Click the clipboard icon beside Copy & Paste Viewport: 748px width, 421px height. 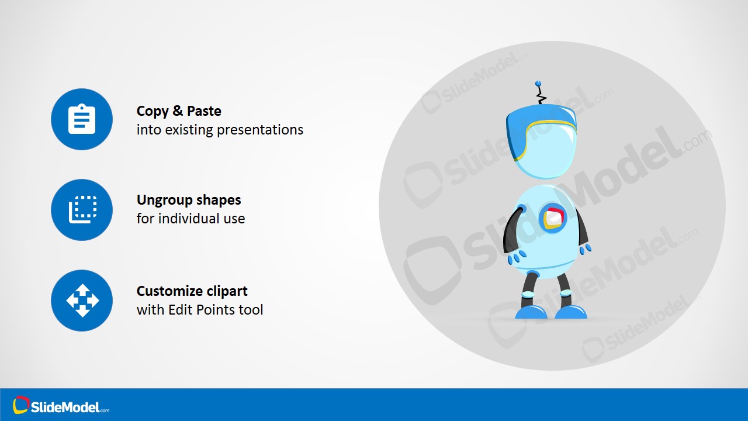pos(82,119)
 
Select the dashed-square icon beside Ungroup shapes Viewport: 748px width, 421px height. pos(82,210)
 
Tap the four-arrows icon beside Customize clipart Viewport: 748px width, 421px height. pos(82,301)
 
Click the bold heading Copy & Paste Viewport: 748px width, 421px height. pos(179,111)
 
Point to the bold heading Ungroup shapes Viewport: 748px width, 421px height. pos(189,200)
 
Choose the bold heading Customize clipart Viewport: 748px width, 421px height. pos(192,291)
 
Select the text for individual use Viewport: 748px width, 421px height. pos(191,219)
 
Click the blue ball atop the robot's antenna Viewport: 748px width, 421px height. pos(538,84)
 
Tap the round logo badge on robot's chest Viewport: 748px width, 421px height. pos(552,218)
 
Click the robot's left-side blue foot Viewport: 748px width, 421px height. pos(531,312)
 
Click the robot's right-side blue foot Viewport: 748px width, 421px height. pos(570,312)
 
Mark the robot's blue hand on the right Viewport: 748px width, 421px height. pos(585,249)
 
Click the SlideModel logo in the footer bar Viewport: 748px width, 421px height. pos(61,406)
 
